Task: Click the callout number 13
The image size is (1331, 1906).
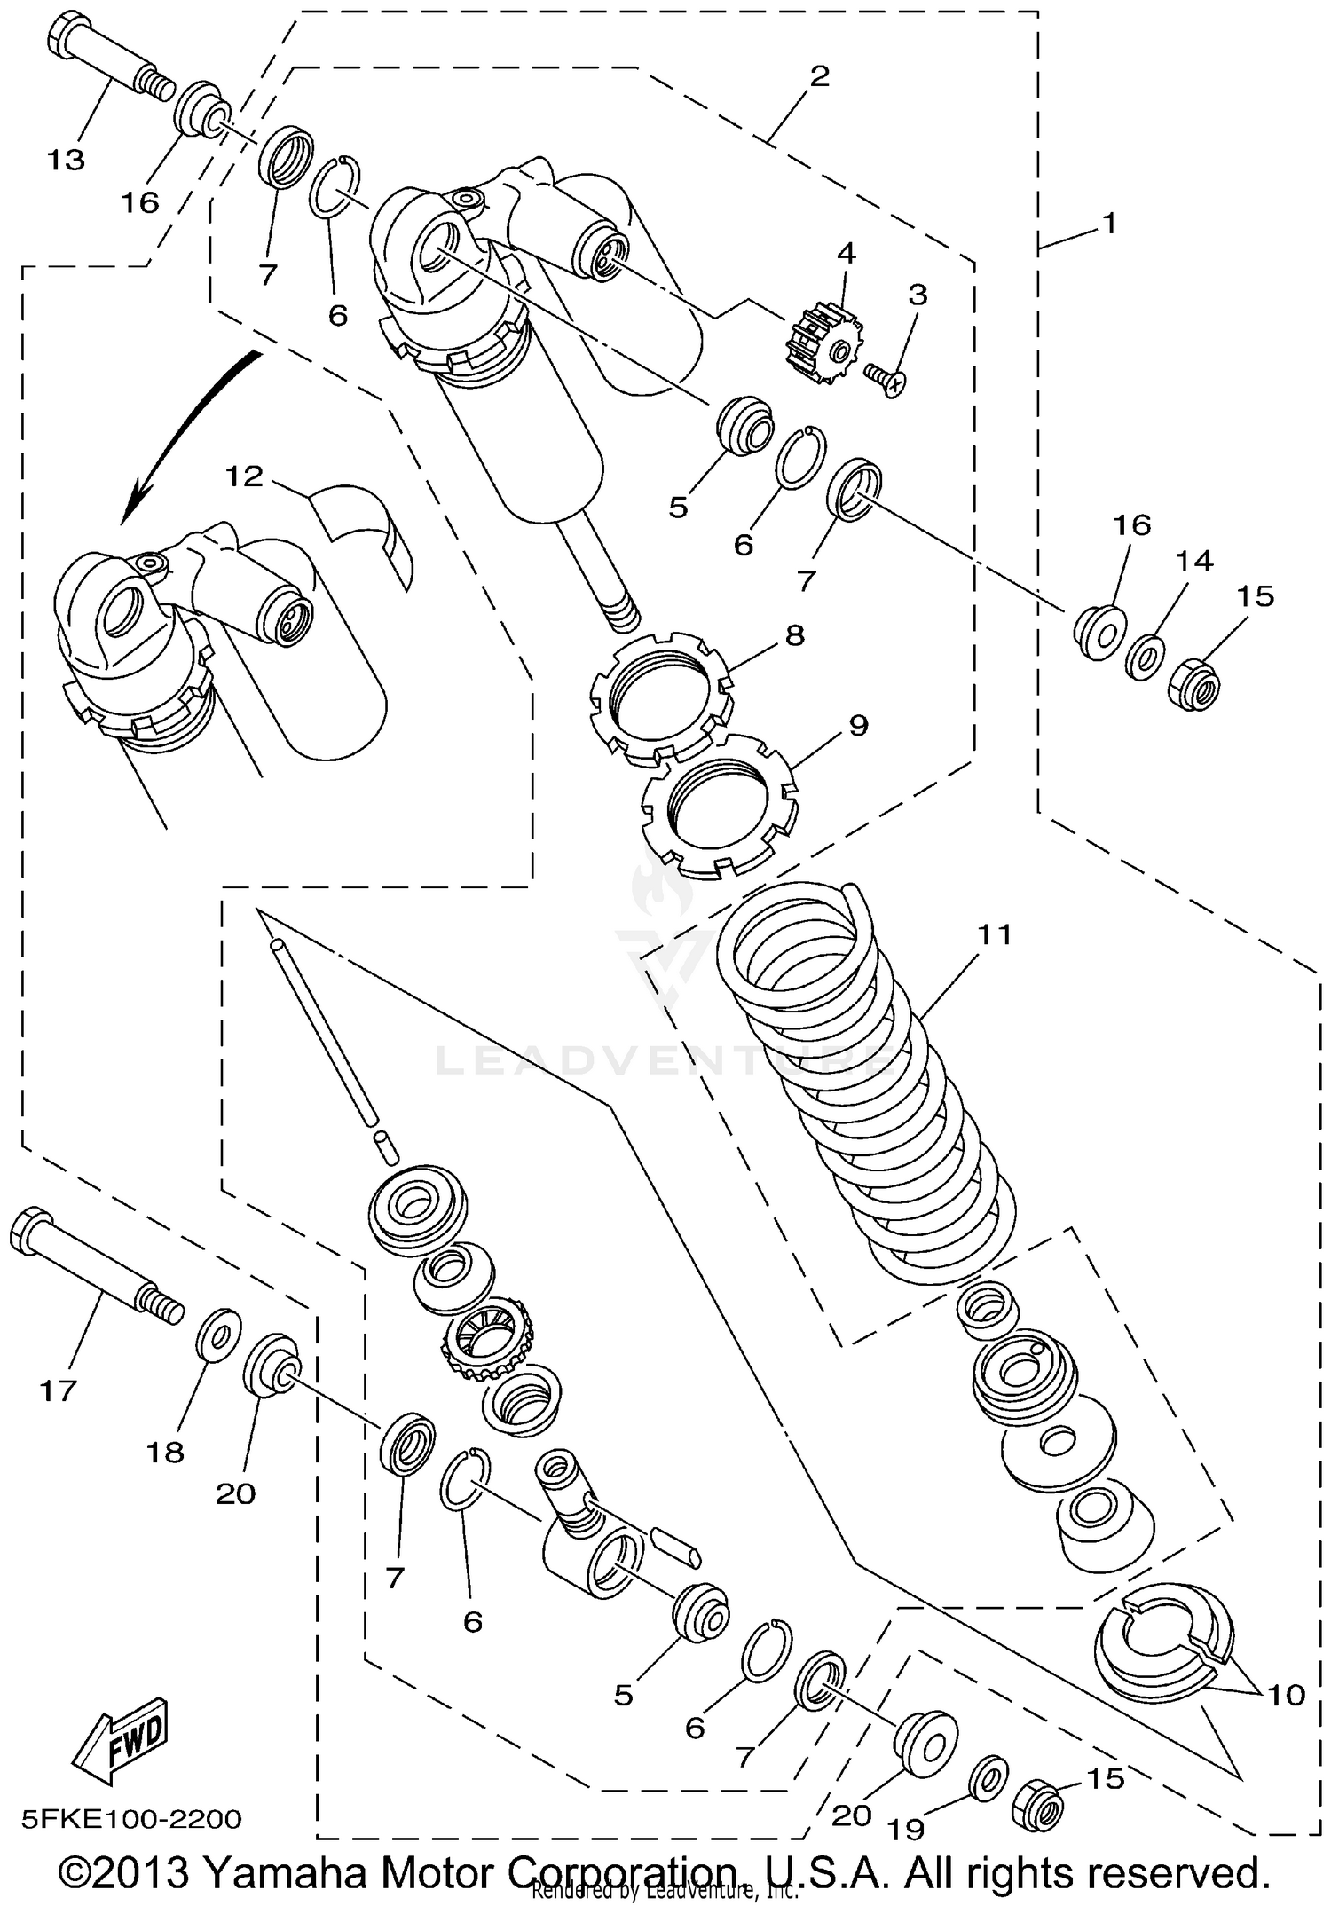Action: [66, 160]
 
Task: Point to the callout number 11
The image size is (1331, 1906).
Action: [995, 934]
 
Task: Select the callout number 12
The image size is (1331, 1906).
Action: [244, 476]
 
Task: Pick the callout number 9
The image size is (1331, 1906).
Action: [857, 725]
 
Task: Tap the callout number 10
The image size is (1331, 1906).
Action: [1287, 1695]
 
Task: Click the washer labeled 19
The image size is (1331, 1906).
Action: [989, 1774]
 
